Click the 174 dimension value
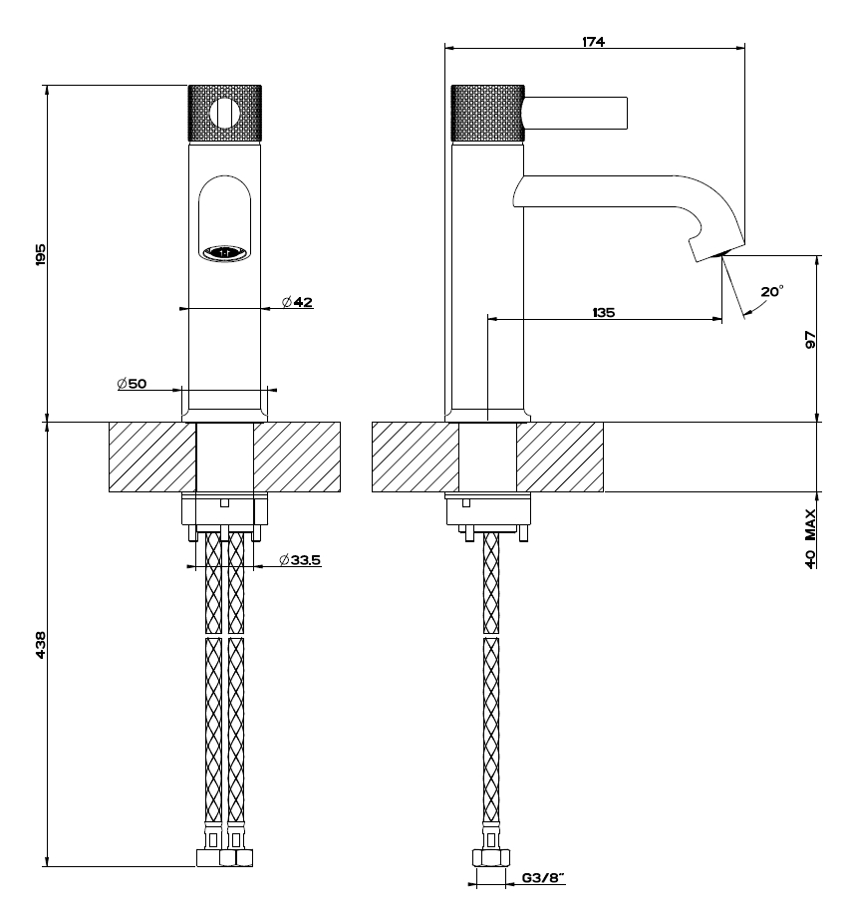[595, 41]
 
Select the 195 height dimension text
[41, 254]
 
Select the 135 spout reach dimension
[603, 312]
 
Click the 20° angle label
[771, 292]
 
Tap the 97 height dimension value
[810, 339]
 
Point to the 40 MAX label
[810, 538]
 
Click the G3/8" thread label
[543, 878]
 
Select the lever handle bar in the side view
[575, 113]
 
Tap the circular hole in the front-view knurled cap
[226, 114]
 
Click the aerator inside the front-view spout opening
[225, 253]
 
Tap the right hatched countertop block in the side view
[560, 457]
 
